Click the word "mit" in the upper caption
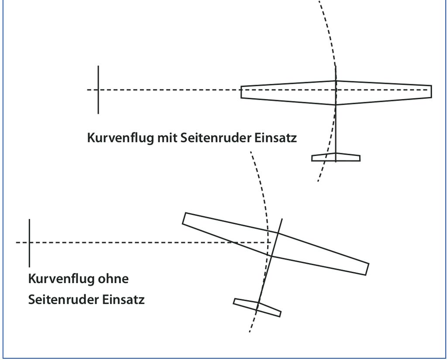click(168, 138)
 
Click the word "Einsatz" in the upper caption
click(275, 138)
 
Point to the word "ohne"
click(113, 279)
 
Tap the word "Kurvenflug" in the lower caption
click(62, 279)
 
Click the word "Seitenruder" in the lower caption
click(63, 300)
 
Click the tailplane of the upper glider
click(336, 157)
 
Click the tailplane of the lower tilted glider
click(257, 308)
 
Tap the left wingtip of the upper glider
click(241, 92)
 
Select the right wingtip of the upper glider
click(431, 92)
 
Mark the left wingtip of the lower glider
click(184, 218)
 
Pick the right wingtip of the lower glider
click(367, 270)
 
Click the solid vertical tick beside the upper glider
click(98, 90)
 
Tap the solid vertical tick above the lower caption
click(29, 243)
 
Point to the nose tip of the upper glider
click(336, 66)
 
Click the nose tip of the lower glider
click(282, 219)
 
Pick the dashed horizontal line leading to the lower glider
click(143, 242)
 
